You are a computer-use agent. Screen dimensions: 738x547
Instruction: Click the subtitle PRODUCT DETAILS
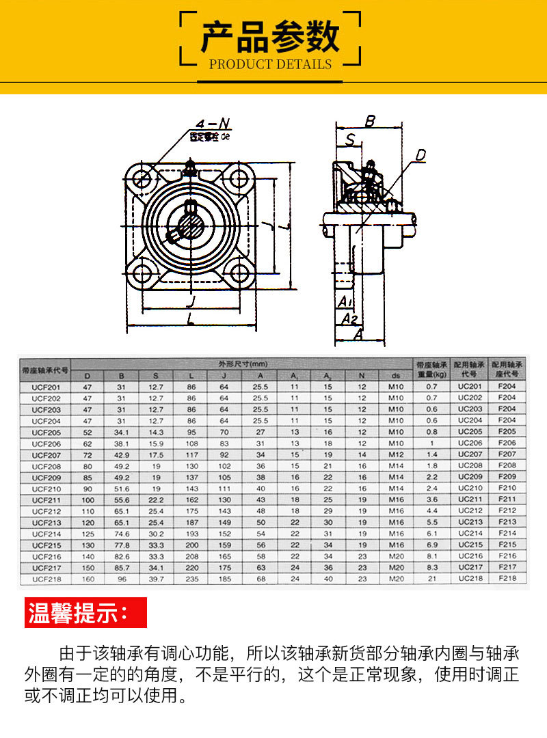pos(270,64)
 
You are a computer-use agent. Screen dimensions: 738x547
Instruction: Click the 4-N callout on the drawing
pos(213,124)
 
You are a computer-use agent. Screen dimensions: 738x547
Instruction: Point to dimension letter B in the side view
pos(370,122)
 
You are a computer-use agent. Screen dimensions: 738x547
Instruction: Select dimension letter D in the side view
pos(421,156)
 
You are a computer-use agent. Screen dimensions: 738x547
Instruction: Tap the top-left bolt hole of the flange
pos(143,180)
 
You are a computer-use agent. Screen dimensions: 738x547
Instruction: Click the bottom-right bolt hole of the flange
pos(239,274)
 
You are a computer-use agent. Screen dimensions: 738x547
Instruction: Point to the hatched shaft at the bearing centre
pos(191,226)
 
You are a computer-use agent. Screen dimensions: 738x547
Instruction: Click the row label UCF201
pos(46,387)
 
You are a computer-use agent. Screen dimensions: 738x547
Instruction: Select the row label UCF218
pos(46,579)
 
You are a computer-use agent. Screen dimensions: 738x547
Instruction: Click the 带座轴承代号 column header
pos(45,370)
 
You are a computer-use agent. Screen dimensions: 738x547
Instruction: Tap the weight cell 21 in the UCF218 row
pos(431,579)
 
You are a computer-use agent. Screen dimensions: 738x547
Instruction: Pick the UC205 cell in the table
pos(470,432)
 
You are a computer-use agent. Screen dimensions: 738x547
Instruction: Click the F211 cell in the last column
pos(507,500)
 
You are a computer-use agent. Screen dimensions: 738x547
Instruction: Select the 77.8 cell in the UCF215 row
pos(122,545)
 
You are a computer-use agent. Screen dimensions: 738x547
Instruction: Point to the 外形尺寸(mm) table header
pos(242,364)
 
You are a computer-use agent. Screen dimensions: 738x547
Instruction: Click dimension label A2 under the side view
pos(349,318)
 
